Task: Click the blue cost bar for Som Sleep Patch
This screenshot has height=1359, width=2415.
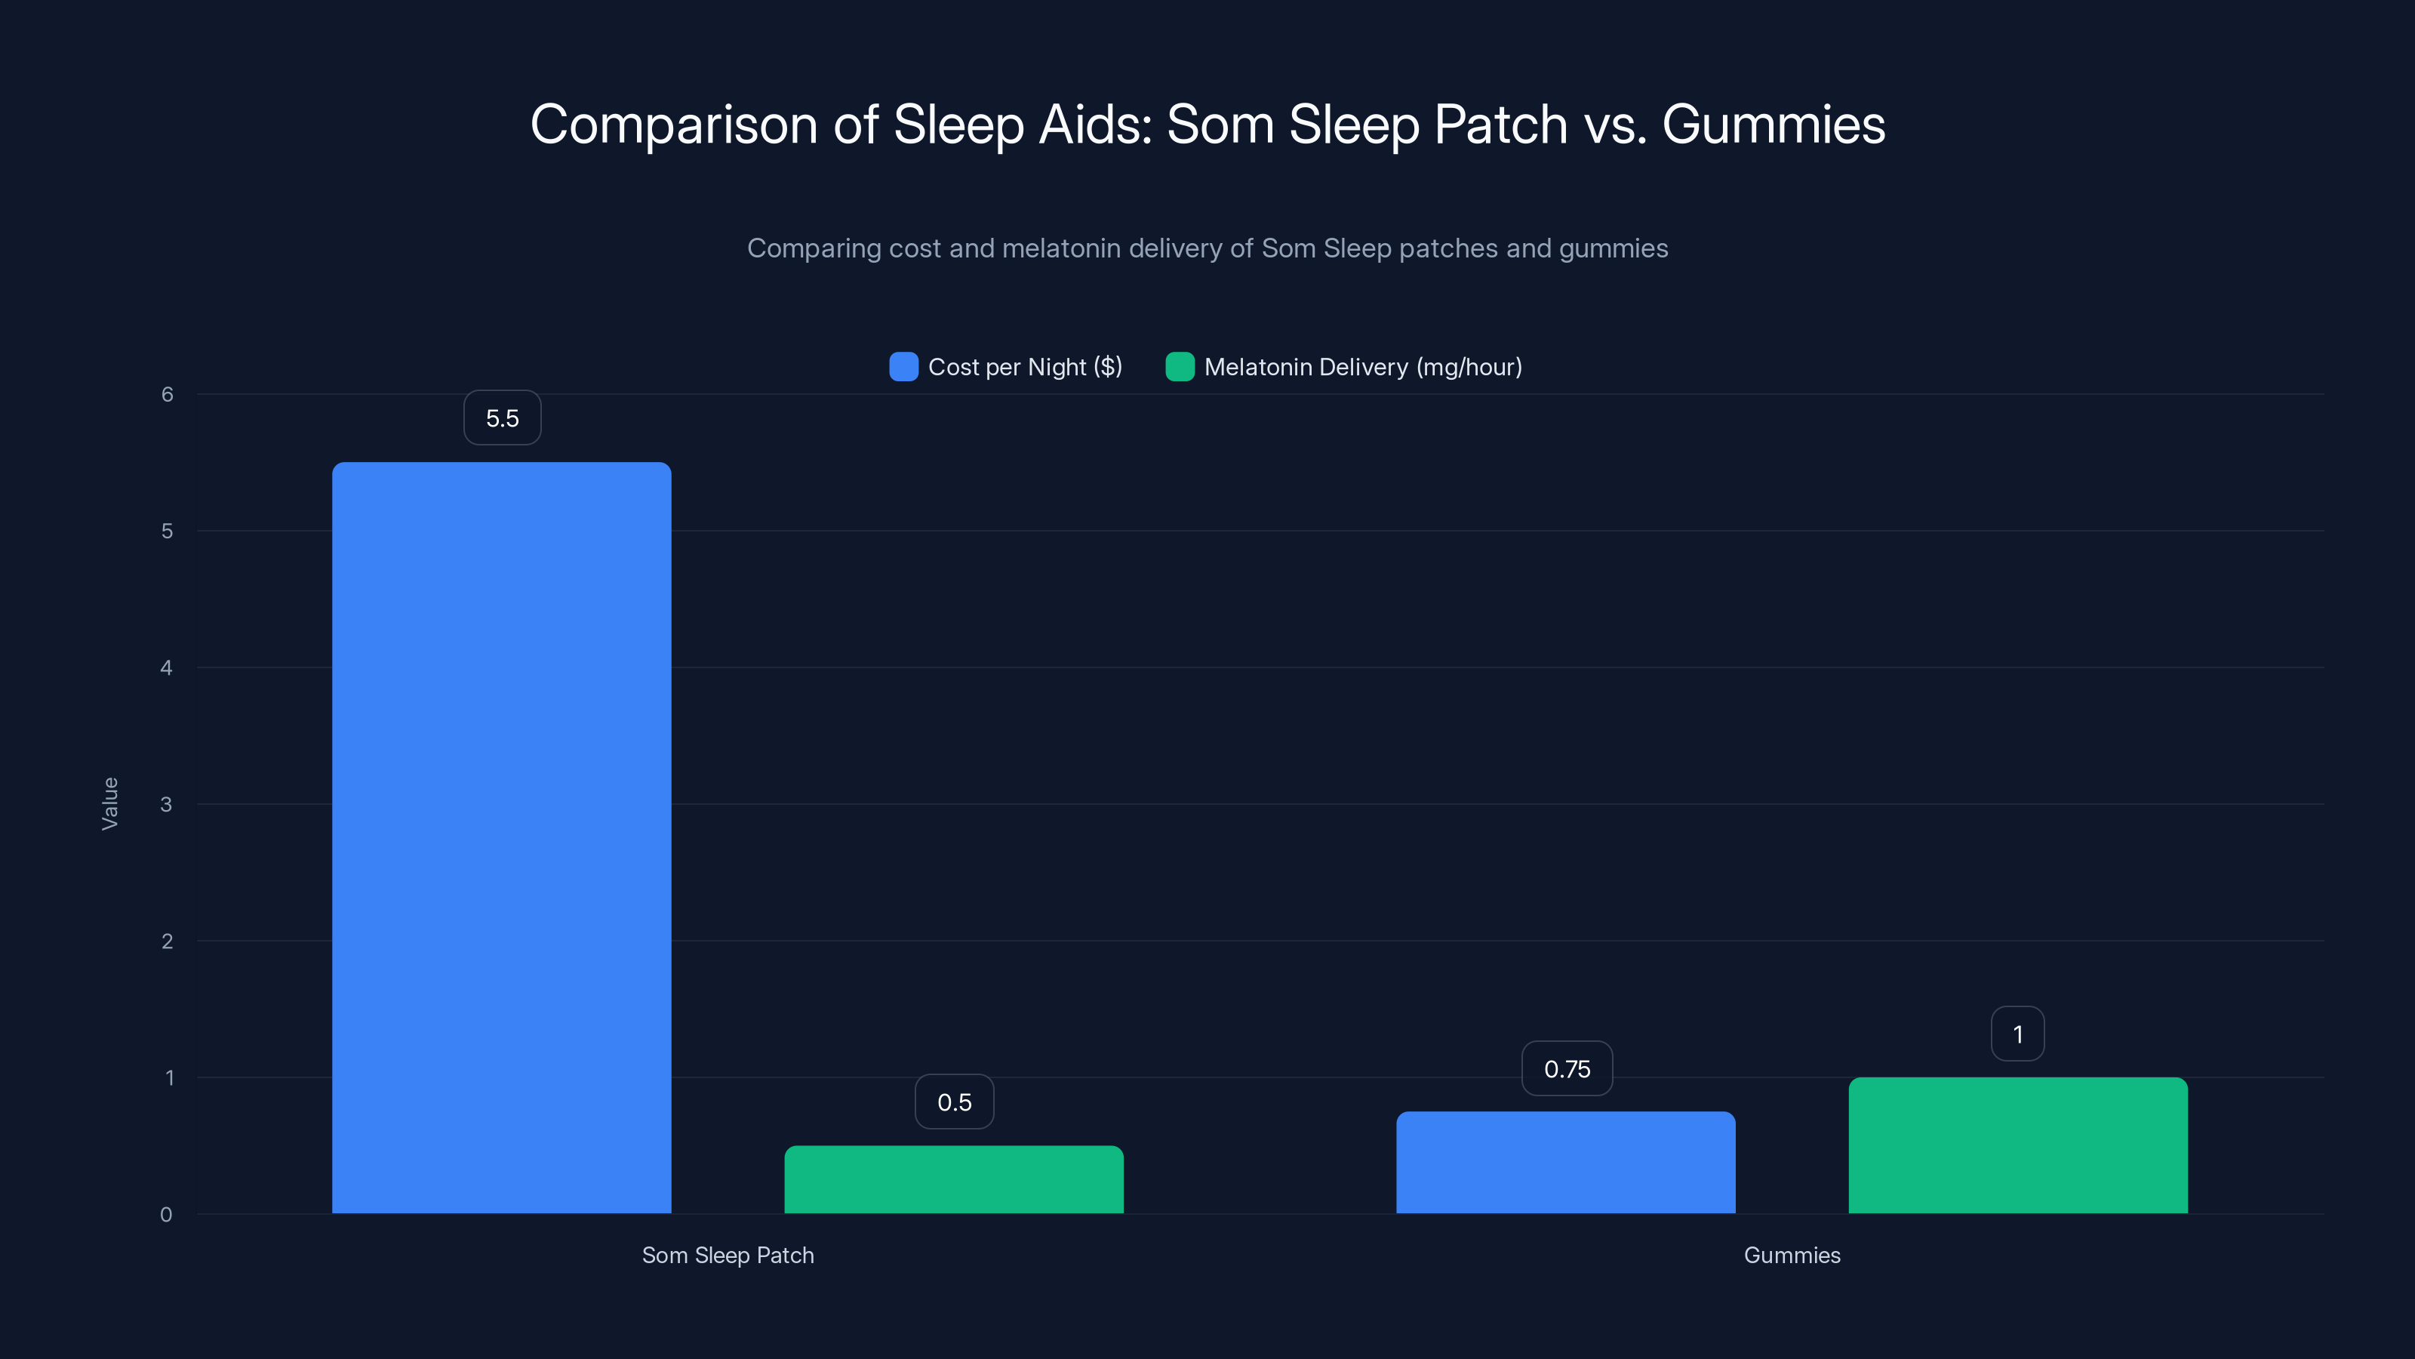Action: pos(502,837)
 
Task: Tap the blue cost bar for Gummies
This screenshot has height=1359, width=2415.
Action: pos(1566,1162)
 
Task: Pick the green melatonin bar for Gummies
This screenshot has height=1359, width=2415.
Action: pos(2017,1145)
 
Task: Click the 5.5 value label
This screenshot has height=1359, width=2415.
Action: pos(503,418)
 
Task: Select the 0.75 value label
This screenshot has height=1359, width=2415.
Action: pos(1567,1069)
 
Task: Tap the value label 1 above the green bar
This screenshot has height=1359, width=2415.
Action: pos(2017,1034)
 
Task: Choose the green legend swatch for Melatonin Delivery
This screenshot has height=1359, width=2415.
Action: pos(1180,367)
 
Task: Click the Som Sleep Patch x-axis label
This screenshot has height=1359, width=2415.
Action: pos(728,1255)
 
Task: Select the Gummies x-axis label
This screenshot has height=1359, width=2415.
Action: pos(1792,1255)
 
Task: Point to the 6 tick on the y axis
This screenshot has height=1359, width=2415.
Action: pos(167,395)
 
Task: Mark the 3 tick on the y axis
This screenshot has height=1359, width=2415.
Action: pos(167,805)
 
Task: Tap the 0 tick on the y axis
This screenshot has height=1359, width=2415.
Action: pos(167,1215)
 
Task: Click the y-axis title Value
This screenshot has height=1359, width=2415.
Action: pos(109,804)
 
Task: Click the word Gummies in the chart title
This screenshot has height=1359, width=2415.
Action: pos(1773,125)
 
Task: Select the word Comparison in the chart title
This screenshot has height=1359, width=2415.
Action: pos(673,125)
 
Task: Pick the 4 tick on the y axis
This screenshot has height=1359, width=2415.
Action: pos(167,667)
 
